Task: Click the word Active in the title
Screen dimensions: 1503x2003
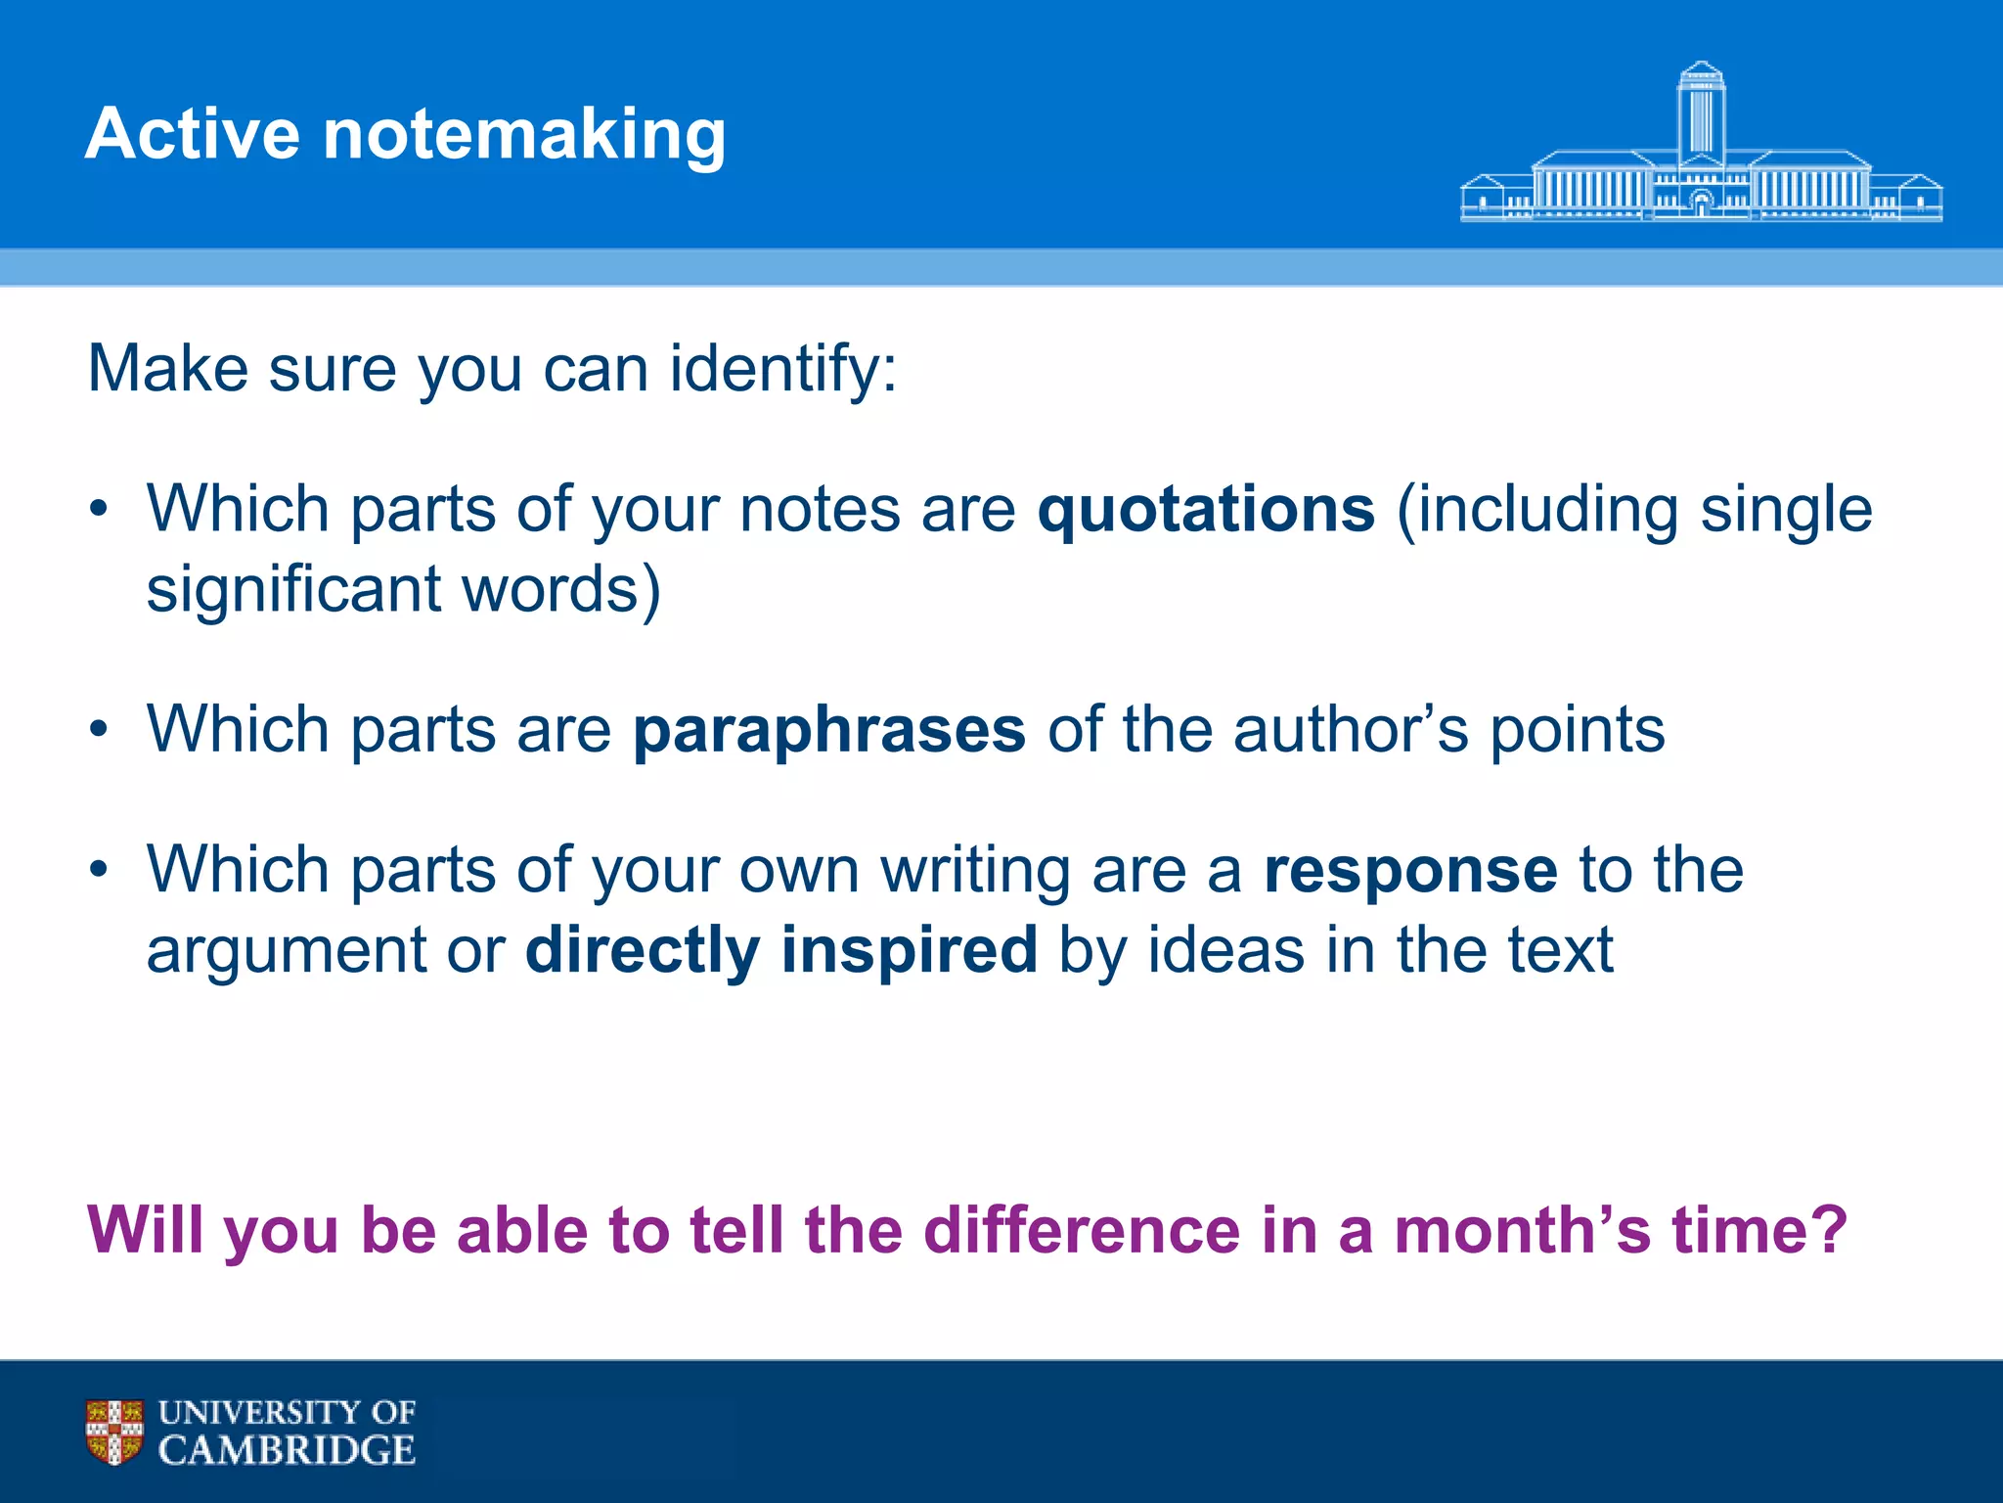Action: coord(192,134)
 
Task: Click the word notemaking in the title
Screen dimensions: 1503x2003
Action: coord(524,134)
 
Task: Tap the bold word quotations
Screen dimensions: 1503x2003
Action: coord(1206,511)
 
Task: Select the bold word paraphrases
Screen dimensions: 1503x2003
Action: coord(829,731)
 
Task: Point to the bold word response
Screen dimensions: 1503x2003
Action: coord(1410,871)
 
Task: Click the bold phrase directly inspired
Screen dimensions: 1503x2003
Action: coord(780,951)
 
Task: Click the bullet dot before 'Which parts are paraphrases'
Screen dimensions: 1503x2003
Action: coord(98,730)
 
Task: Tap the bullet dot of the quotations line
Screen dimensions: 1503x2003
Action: coord(98,510)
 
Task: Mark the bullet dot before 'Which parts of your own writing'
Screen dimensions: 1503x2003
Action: coord(98,870)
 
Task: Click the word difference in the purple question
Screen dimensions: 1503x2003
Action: coord(1082,1230)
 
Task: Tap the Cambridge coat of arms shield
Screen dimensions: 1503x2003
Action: coord(114,1432)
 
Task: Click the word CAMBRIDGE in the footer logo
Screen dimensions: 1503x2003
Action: coord(287,1450)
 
